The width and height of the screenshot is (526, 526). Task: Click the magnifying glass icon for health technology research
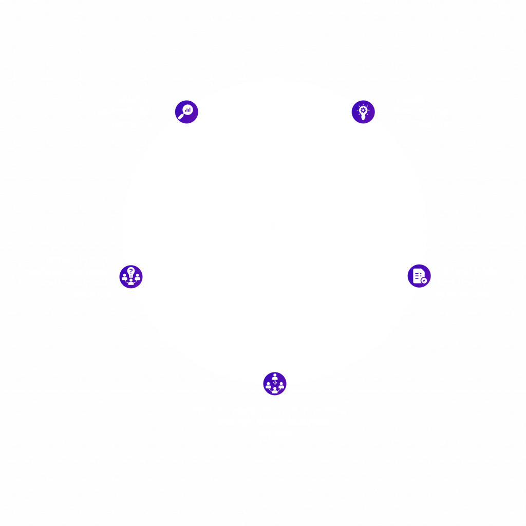pos(186,111)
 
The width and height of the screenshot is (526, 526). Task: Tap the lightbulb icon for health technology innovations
pos(363,111)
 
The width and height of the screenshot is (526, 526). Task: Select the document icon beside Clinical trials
pos(419,276)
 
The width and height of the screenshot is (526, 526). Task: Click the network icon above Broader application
pos(275,383)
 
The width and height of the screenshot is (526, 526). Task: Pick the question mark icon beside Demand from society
pos(131,276)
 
